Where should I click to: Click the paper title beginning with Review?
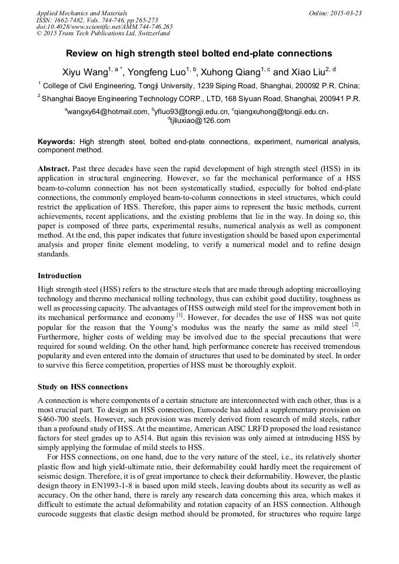click(x=199, y=53)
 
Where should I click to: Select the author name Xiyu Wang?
click(x=85, y=72)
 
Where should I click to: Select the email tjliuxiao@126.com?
click(x=200, y=121)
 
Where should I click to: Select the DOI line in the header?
click(x=104, y=27)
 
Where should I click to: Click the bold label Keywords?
click(x=56, y=142)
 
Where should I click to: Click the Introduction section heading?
click(x=59, y=275)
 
